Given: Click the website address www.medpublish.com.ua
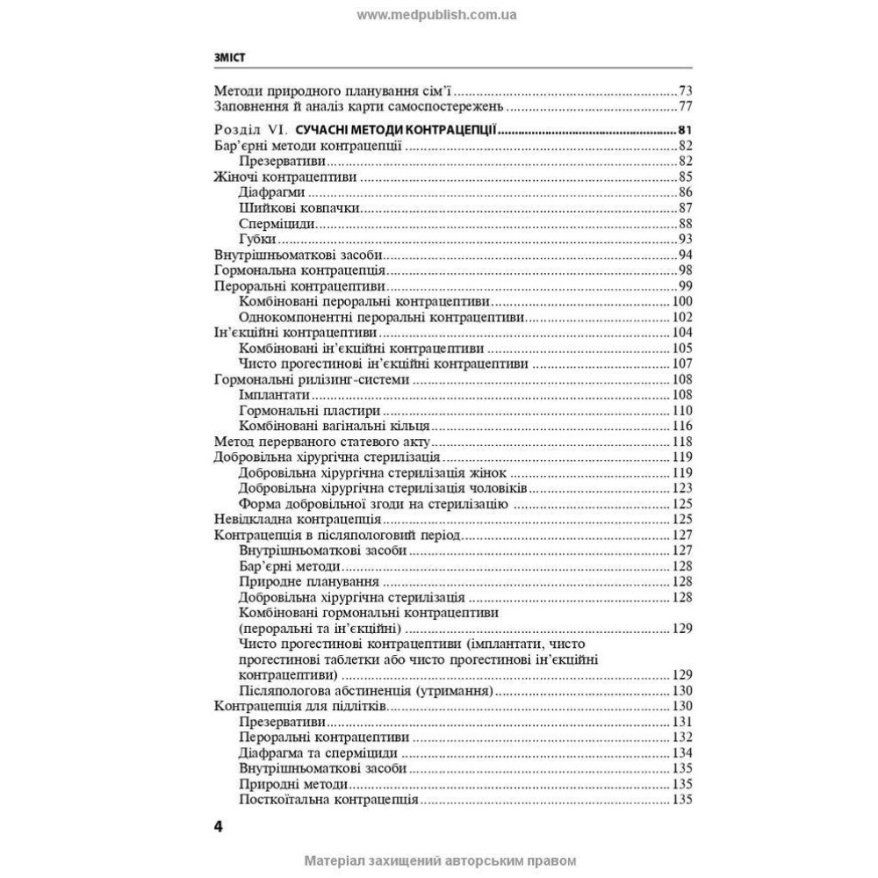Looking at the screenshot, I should [x=437, y=15].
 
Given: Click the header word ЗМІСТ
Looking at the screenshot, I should [x=228, y=57].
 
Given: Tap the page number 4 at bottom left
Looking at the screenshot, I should [x=219, y=827].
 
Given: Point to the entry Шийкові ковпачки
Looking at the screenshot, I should [x=299, y=208].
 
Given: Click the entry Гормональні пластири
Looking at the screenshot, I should [x=308, y=410].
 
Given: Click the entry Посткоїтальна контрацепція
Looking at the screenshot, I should [x=327, y=800].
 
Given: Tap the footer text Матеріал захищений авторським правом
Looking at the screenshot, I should [x=439, y=861].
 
